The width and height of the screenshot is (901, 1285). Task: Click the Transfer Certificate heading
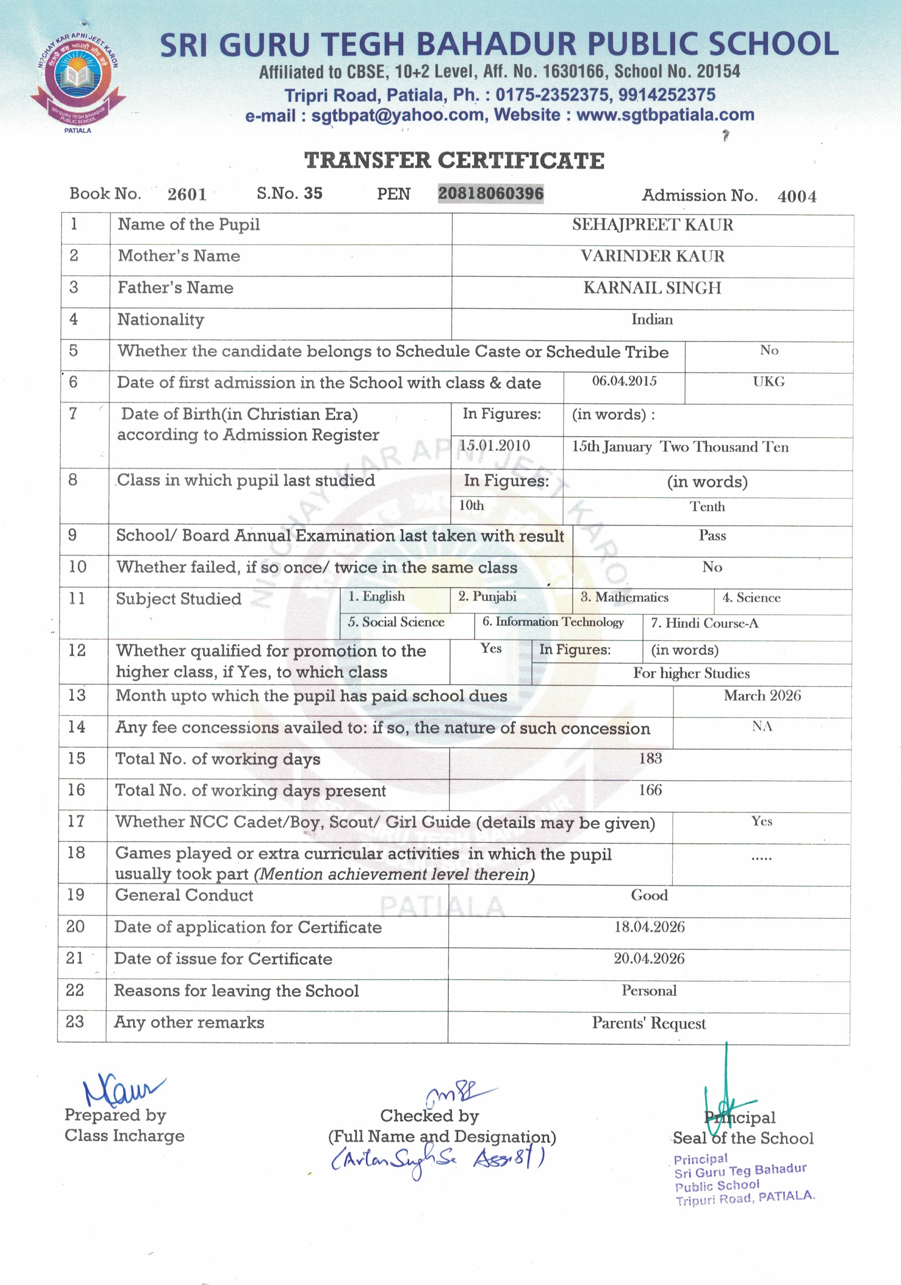pyautogui.click(x=454, y=161)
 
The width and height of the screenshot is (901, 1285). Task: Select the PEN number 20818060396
pyautogui.click(x=491, y=194)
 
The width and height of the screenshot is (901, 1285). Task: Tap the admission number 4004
pyautogui.click(x=796, y=196)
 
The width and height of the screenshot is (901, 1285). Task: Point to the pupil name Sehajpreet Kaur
pyautogui.click(x=652, y=225)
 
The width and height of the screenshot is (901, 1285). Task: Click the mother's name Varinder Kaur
pyautogui.click(x=652, y=256)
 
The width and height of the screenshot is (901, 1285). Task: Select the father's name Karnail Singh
pyautogui.click(x=652, y=288)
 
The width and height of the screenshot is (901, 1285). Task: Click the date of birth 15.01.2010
pyautogui.click(x=494, y=446)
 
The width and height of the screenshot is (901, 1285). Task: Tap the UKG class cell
pyautogui.click(x=768, y=382)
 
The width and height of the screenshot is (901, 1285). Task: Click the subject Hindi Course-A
pyautogui.click(x=704, y=623)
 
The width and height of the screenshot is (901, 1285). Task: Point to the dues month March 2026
pyautogui.click(x=762, y=696)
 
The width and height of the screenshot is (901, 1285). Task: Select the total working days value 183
pyautogui.click(x=650, y=758)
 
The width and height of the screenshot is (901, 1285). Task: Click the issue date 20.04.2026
pyautogui.click(x=649, y=958)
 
